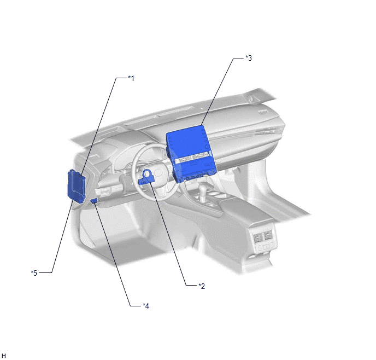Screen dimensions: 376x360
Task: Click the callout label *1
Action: pyautogui.click(x=131, y=78)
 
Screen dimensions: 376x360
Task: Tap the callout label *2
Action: pyautogui.click(x=202, y=286)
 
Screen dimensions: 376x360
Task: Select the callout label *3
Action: pyautogui.click(x=249, y=58)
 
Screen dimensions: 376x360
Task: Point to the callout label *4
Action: pyautogui.click(x=146, y=306)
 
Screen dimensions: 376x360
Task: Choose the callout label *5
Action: pyautogui.click(x=34, y=273)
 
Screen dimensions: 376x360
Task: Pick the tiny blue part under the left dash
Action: pyautogui.click(x=94, y=200)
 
